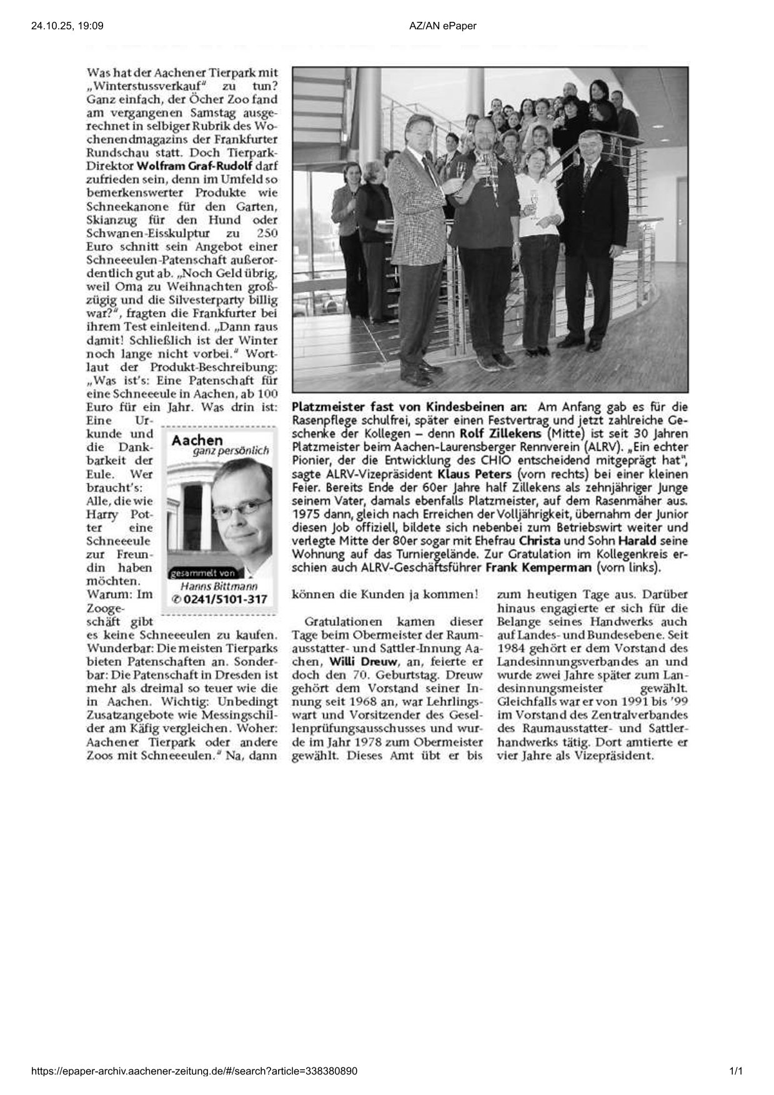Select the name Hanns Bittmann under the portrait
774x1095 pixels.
[219, 587]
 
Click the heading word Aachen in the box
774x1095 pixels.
[197, 440]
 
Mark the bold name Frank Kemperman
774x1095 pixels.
[538, 568]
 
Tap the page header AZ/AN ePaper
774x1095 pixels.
[443, 26]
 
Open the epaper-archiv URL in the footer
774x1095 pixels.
[194, 1071]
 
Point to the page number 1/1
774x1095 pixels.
[736, 1071]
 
